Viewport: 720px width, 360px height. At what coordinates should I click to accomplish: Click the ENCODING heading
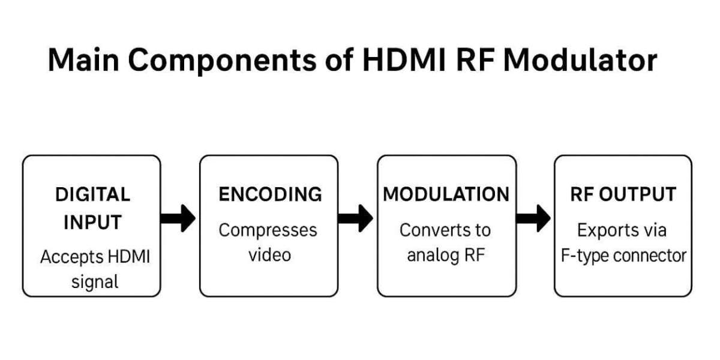pyautogui.click(x=270, y=194)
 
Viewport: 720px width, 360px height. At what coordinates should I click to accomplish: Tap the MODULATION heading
pyautogui.click(x=446, y=194)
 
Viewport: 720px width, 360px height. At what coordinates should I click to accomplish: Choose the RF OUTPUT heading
pyautogui.click(x=623, y=194)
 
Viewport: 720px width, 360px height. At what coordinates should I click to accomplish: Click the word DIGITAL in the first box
pyautogui.click(x=92, y=194)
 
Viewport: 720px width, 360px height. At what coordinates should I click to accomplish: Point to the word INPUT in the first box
pyautogui.click(x=92, y=222)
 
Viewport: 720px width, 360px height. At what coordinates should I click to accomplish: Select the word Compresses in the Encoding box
pyautogui.click(x=268, y=230)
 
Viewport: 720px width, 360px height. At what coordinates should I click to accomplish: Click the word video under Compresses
pyautogui.click(x=269, y=254)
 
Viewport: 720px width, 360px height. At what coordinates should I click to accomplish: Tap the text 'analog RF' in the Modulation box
pyautogui.click(x=445, y=255)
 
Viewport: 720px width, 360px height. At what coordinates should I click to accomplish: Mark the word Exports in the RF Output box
pyautogui.click(x=604, y=230)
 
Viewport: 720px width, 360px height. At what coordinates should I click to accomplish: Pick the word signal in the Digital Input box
pyautogui.click(x=94, y=281)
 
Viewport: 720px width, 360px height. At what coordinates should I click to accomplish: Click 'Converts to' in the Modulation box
pyautogui.click(x=445, y=230)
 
